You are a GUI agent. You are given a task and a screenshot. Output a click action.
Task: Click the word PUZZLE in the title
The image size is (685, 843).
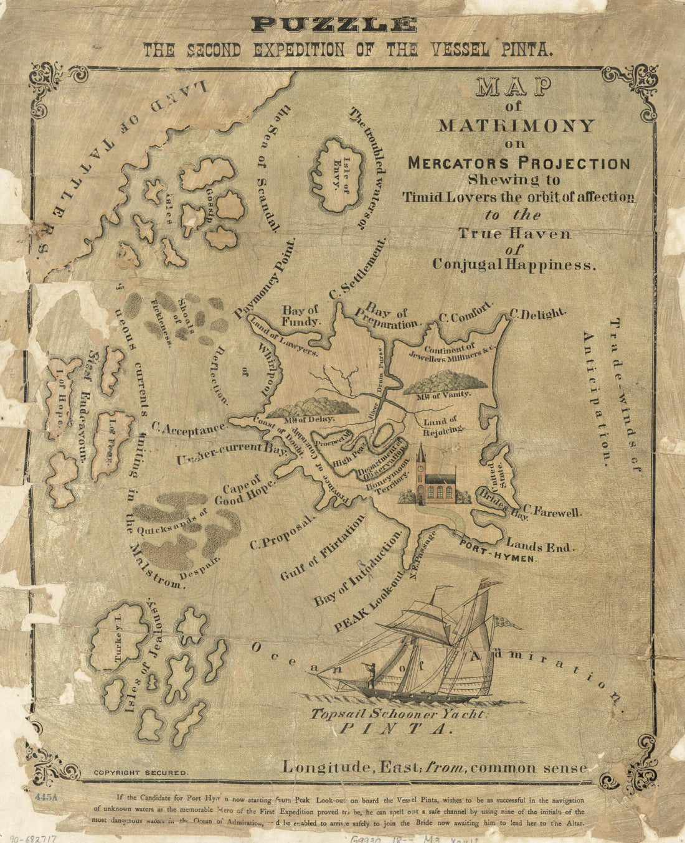point(334,24)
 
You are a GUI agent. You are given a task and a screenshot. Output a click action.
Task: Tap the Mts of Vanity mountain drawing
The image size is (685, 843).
point(445,381)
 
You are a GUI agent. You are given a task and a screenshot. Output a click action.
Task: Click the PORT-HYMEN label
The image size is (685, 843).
point(498,551)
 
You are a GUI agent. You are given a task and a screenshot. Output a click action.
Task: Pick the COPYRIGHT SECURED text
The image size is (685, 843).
point(141,773)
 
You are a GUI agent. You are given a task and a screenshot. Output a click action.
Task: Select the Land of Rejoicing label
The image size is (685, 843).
point(440,425)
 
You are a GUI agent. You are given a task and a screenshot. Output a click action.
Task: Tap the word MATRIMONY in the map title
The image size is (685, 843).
point(516,126)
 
